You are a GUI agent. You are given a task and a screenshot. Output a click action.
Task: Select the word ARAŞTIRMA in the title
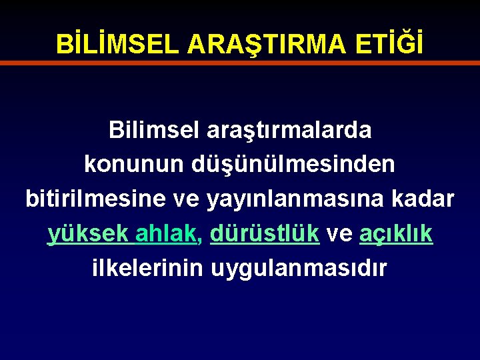[267, 44]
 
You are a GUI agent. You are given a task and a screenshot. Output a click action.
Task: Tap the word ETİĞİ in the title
[389, 44]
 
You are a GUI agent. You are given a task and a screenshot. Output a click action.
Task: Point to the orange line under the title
[240, 63]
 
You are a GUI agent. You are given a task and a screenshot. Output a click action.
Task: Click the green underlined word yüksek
[88, 234]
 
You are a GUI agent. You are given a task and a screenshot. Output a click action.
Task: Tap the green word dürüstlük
[264, 233]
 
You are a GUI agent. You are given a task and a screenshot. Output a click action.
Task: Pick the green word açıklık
[396, 234]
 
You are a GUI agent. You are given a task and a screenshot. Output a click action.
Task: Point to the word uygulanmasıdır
[299, 269]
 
